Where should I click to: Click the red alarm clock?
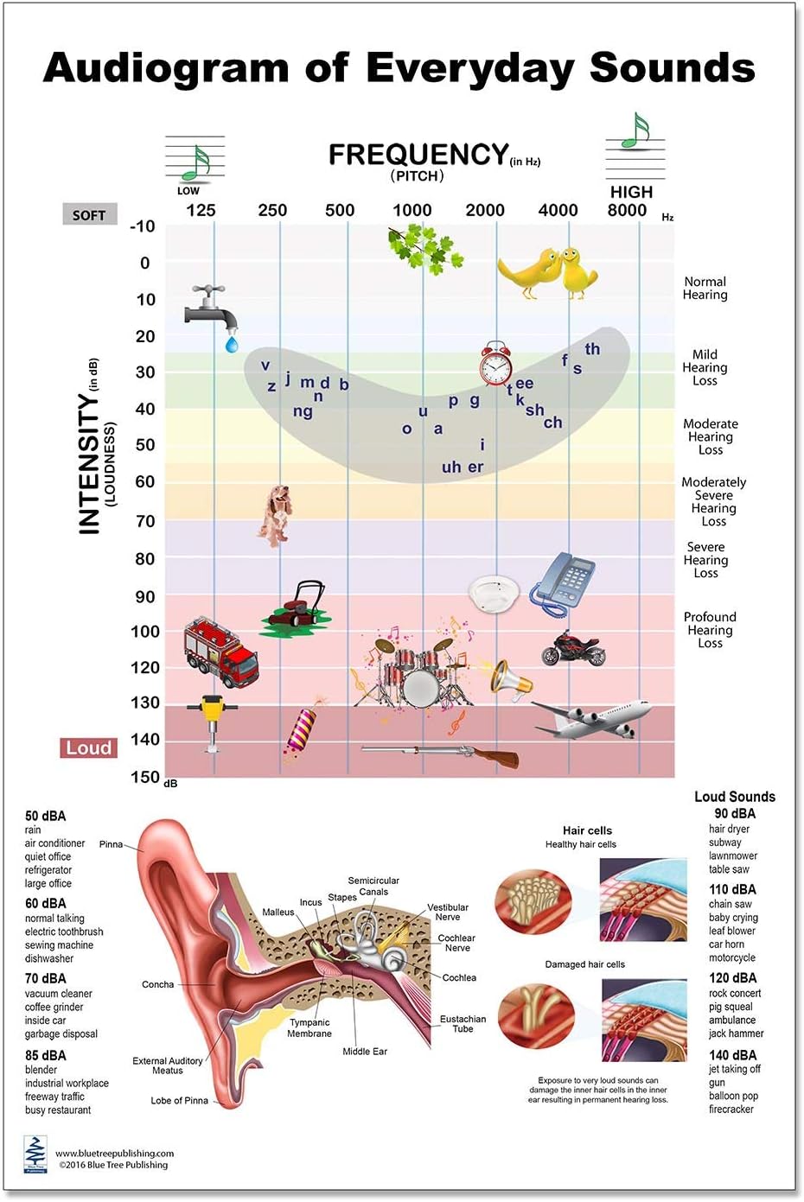496,364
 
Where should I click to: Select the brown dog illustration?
276,514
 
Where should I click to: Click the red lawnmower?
296,607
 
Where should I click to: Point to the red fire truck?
220,652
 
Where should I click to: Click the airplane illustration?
592,718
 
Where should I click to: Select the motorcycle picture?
573,648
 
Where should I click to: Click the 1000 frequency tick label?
412,210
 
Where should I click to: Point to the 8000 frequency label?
627,210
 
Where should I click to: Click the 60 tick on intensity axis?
144,481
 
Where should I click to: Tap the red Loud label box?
89,748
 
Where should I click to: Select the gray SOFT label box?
89,215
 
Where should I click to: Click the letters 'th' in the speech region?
592,349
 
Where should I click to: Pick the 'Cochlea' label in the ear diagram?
459,977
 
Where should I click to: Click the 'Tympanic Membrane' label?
309,1027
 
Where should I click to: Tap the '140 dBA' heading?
732,1055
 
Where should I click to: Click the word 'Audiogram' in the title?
165,68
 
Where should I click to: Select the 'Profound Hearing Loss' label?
710,630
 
